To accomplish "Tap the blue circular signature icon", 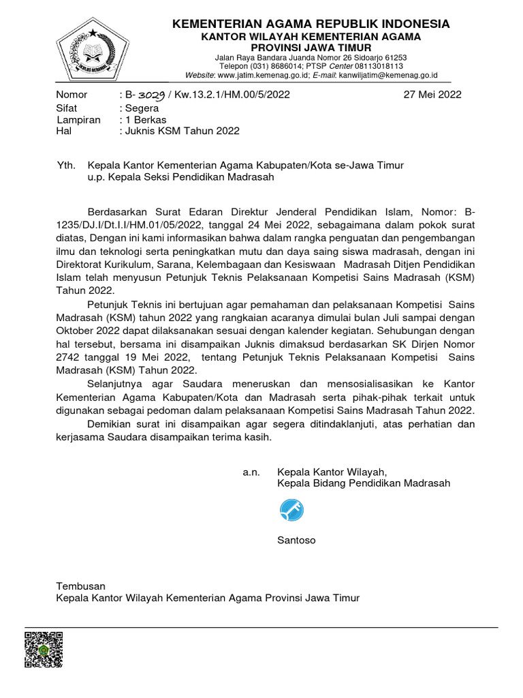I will (291, 510).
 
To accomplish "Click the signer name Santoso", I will (296, 541).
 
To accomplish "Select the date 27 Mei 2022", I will (432, 95).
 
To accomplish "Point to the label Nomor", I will (72, 95).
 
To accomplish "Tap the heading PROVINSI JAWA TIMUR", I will (311, 48).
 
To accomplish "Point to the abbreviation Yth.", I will (65, 166).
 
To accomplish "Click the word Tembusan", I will (80, 586).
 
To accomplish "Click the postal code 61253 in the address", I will (394, 58).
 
